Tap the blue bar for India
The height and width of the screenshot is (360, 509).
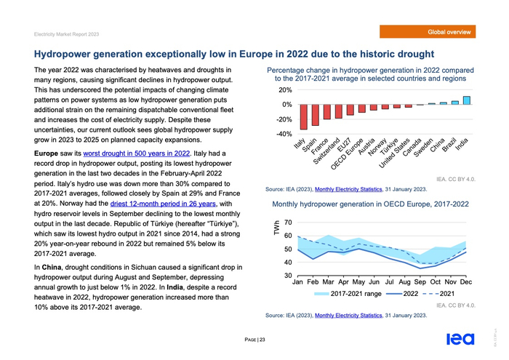pyautogui.click(x=467, y=100)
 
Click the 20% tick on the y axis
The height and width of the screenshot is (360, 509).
pyautogui.click(x=284, y=90)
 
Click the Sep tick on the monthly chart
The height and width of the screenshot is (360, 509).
pyautogui.click(x=420, y=281)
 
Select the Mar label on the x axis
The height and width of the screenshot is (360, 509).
pyautogui.click(x=329, y=281)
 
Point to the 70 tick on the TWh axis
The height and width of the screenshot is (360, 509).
pyautogui.click(x=288, y=223)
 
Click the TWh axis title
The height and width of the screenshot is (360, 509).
pyautogui.click(x=276, y=228)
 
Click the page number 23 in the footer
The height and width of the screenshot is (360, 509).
pyautogui.click(x=262, y=340)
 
